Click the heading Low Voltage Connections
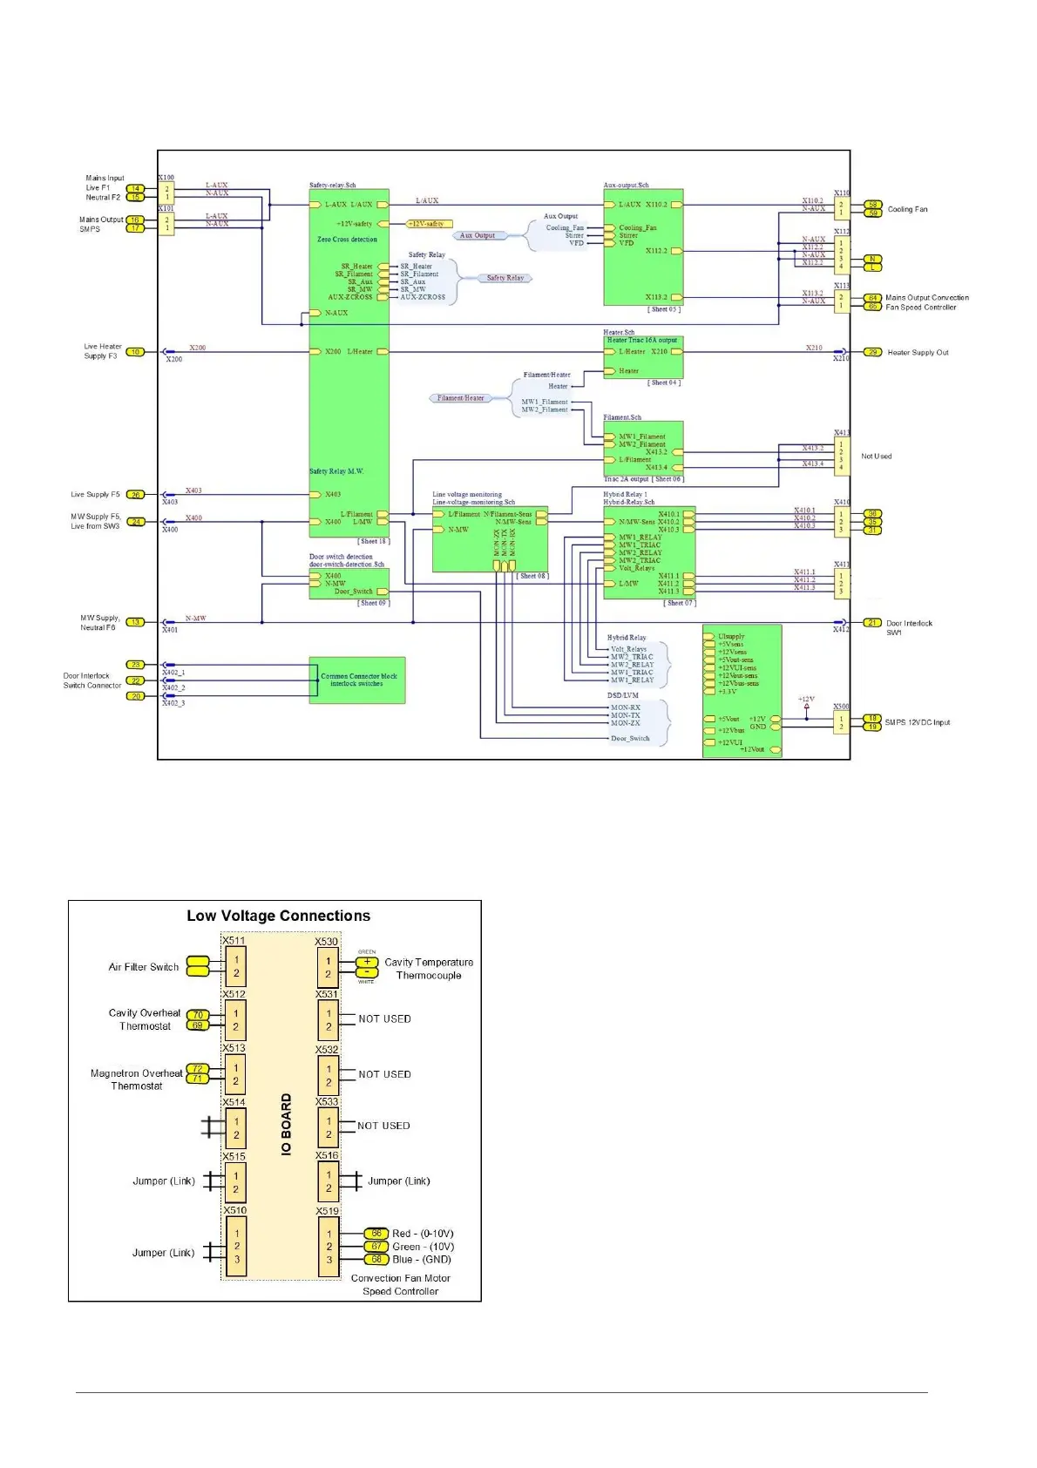(278, 916)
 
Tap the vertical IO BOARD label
(286, 1125)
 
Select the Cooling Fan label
(907, 209)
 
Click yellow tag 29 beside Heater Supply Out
(872, 352)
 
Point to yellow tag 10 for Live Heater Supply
(135, 352)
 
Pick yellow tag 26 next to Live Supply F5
(135, 495)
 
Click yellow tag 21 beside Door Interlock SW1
(872, 623)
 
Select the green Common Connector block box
(357, 680)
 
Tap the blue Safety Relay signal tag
(505, 278)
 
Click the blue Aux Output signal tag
(478, 235)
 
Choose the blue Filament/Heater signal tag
(460, 398)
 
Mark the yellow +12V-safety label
(429, 224)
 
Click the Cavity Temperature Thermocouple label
(429, 969)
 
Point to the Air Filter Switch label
(144, 967)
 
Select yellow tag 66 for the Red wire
(376, 1234)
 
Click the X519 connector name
(327, 1211)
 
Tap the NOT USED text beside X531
(384, 1018)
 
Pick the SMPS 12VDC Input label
(917, 722)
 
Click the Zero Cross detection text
(347, 240)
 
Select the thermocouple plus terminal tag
(367, 962)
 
